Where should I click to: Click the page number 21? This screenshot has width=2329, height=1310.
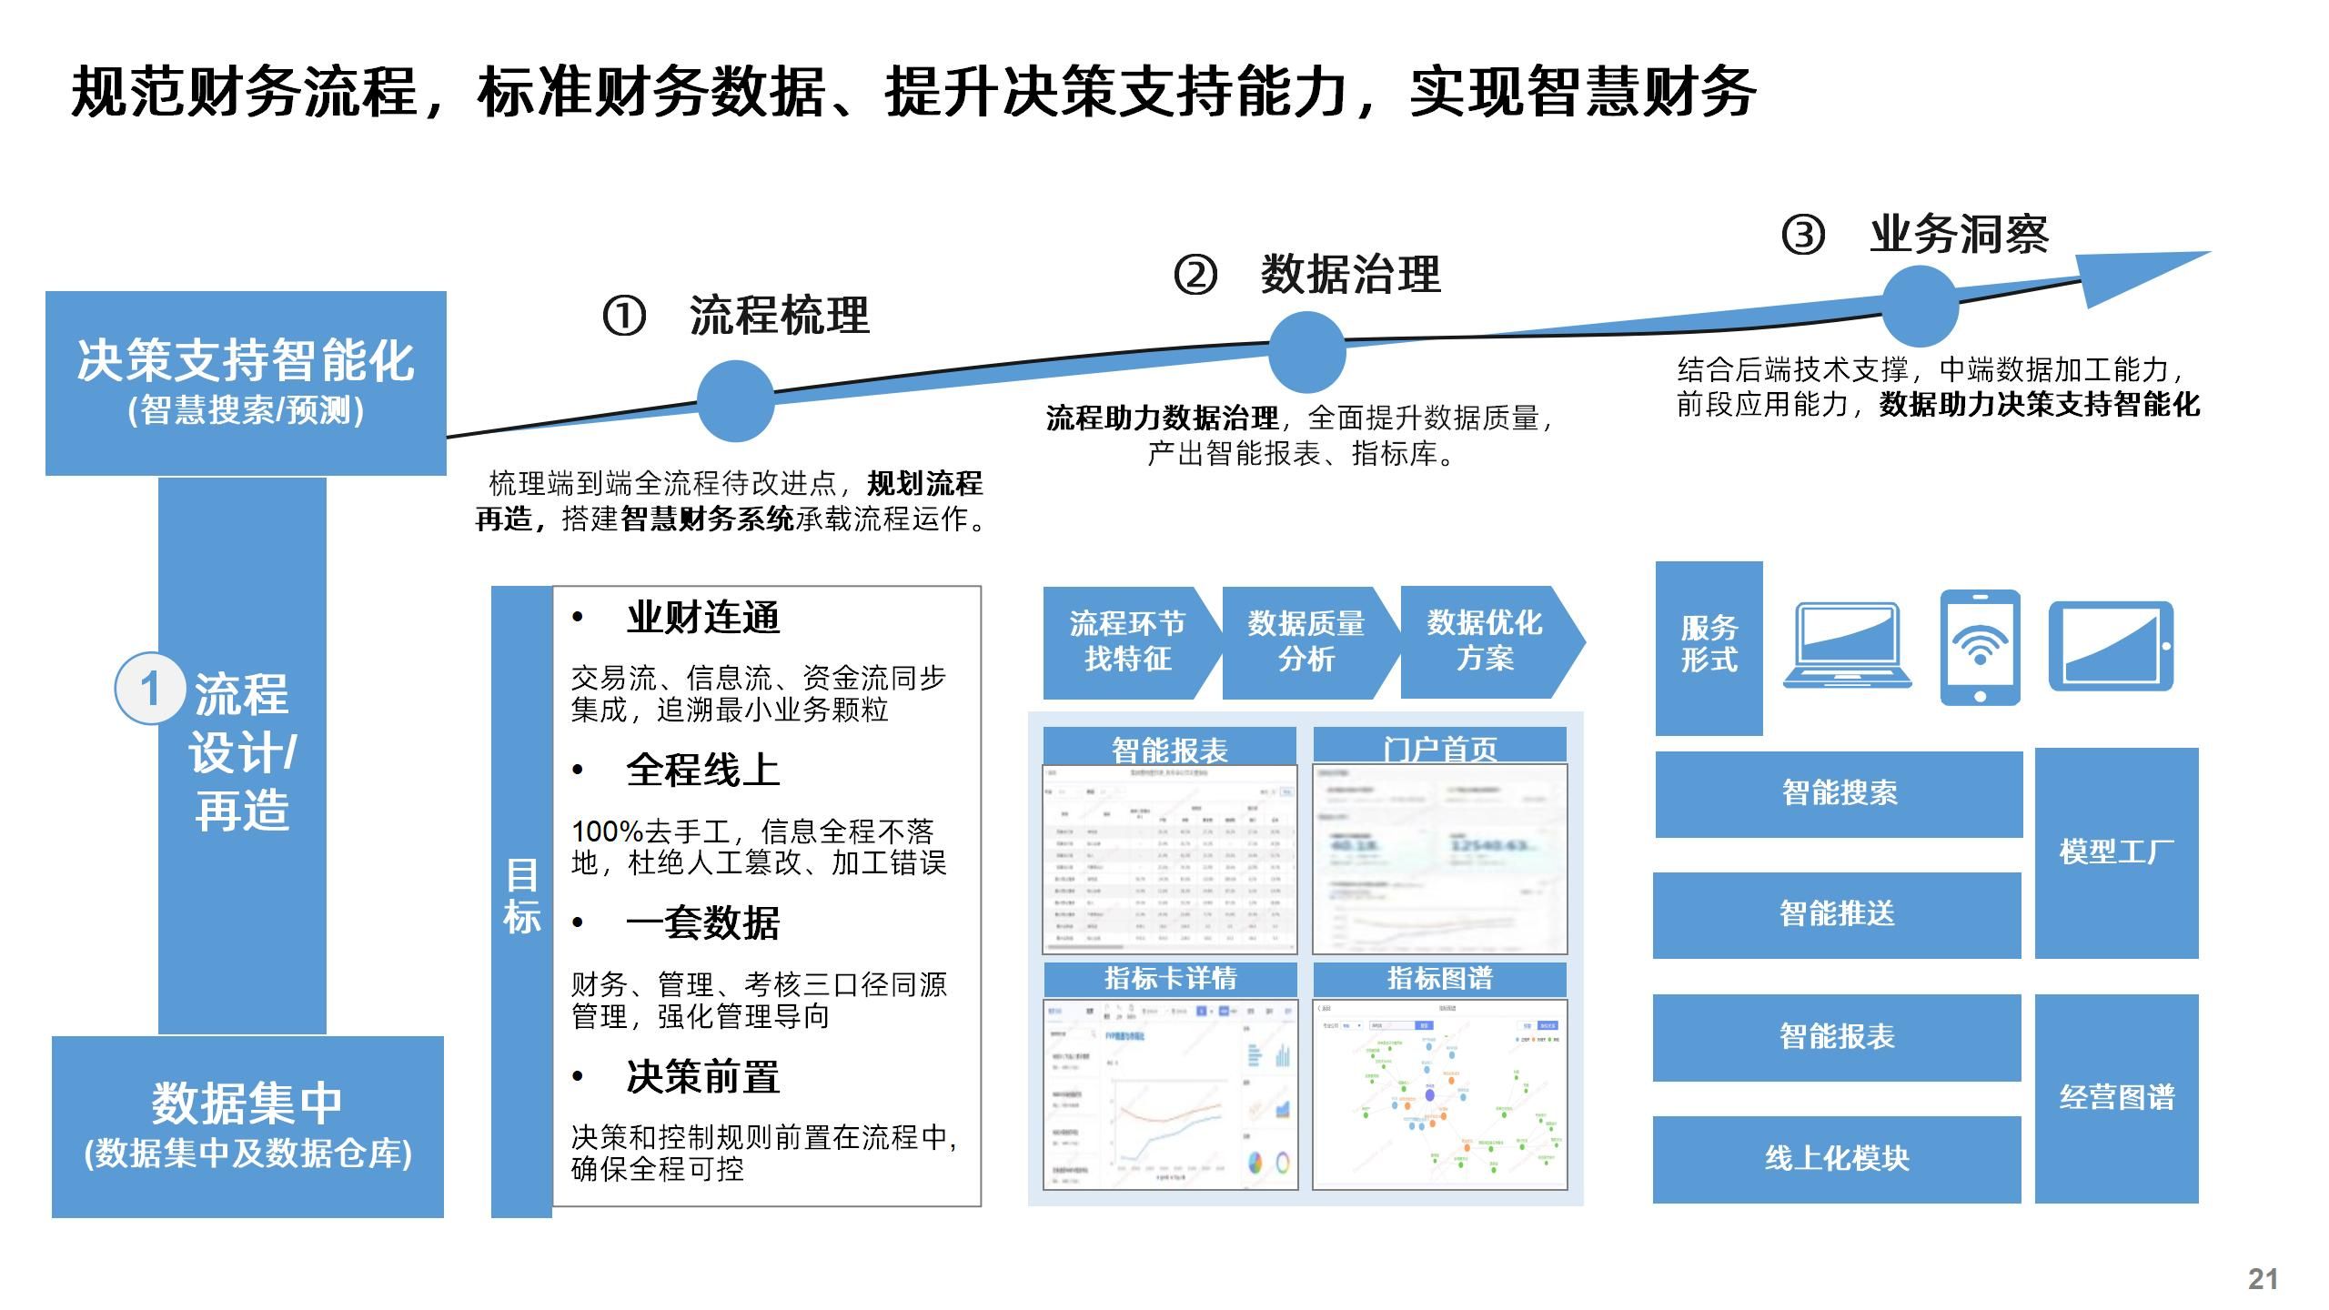point(2263,1279)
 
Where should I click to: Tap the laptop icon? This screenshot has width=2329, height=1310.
point(1847,645)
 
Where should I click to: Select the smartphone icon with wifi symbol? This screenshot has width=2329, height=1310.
point(1980,648)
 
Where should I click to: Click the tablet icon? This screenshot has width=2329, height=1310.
point(2111,646)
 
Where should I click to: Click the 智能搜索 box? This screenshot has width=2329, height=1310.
point(1839,793)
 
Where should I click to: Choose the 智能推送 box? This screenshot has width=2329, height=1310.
point(1837,914)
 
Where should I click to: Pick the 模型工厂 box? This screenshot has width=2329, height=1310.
point(2116,852)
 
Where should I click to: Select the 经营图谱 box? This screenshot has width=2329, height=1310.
point(2116,1098)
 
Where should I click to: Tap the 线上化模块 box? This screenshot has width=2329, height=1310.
point(1837,1159)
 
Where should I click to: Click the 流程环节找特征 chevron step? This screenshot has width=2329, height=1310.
point(1127,642)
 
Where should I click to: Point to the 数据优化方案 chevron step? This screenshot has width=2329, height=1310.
point(1486,642)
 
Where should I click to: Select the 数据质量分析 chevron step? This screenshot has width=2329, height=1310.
point(1306,642)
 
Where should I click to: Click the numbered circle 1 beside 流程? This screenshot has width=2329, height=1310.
point(149,689)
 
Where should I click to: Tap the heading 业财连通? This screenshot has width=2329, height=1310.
point(702,619)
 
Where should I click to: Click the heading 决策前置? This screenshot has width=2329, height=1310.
point(702,1077)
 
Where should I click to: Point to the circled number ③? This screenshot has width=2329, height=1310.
point(1802,235)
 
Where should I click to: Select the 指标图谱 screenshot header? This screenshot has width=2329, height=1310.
point(1439,979)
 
